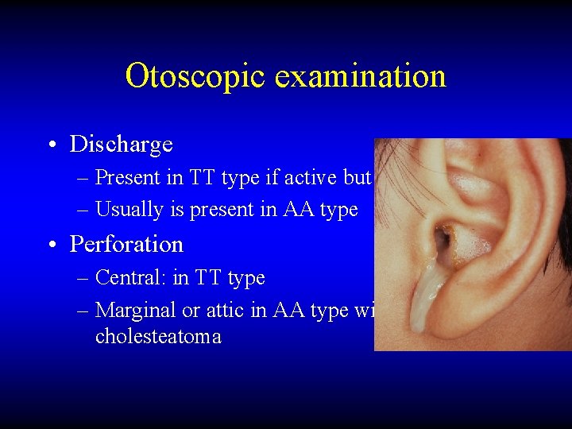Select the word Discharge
[121, 144]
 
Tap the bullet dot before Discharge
[50, 145]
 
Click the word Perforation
[126, 244]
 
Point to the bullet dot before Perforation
[50, 245]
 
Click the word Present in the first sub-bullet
[125, 177]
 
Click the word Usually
[123, 210]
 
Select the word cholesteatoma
[158, 336]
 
